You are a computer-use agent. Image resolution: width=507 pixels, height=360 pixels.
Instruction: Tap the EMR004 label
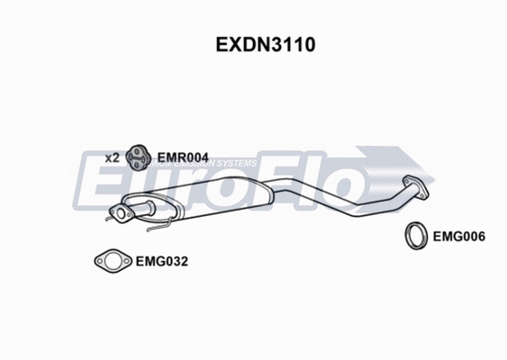pyautogui.click(x=183, y=157)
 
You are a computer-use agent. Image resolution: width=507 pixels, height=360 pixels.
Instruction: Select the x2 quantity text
pyautogui.click(x=112, y=157)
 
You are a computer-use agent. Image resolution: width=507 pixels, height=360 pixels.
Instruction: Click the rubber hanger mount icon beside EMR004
pyautogui.click(x=137, y=157)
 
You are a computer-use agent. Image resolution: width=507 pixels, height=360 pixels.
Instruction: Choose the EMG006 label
pyautogui.click(x=459, y=238)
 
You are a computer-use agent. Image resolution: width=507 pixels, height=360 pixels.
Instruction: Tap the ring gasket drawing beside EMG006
pyautogui.click(x=416, y=236)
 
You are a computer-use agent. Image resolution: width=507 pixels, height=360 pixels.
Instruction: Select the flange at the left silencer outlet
pyautogui.click(x=116, y=214)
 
